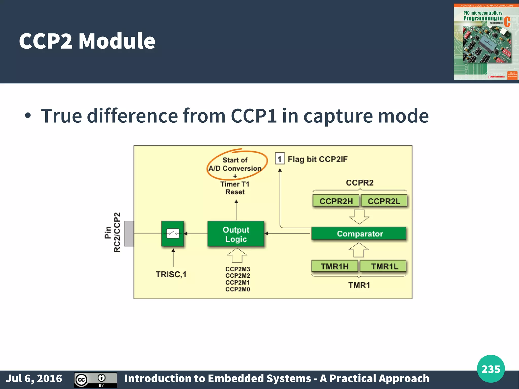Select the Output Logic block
click(x=236, y=234)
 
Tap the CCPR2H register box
click(x=336, y=201)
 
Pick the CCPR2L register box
click(x=384, y=201)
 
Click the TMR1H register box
click(x=335, y=266)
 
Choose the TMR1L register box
click(x=384, y=266)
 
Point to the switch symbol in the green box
click(x=173, y=233)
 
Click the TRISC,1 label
click(x=171, y=274)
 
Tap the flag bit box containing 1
click(x=280, y=159)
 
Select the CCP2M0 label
click(x=237, y=289)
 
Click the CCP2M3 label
click(x=237, y=269)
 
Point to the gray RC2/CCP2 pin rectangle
click(x=129, y=233)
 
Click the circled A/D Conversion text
click(x=235, y=168)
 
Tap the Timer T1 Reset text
click(x=235, y=188)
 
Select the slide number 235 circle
click(x=491, y=369)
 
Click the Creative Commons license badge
click(x=96, y=380)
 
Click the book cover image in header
click(x=486, y=42)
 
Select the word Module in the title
click(x=117, y=41)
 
